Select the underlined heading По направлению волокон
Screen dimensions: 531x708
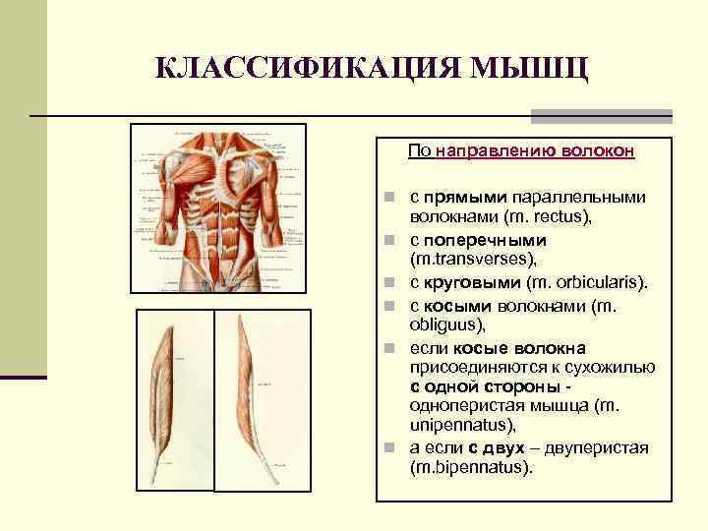[x=521, y=152]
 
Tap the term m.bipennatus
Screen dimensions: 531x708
[x=470, y=467]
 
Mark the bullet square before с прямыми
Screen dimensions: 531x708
[x=389, y=197]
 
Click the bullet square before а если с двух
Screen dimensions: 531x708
[x=389, y=448]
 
